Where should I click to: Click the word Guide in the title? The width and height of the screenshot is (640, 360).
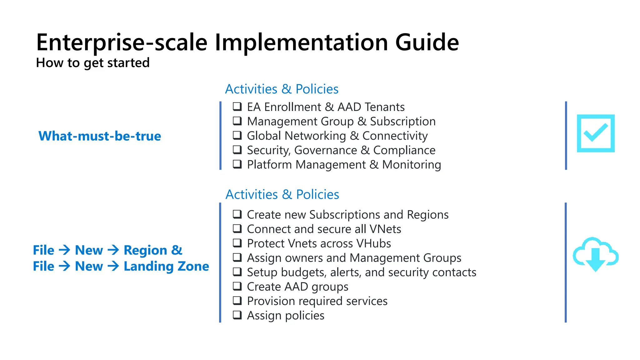427,42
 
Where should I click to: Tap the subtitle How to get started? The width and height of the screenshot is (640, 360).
93,63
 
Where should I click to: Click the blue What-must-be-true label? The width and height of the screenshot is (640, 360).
99,136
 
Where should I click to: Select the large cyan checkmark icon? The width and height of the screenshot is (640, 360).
595,133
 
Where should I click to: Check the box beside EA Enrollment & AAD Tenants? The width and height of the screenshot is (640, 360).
237,107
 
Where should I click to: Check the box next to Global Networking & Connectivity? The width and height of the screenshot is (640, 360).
237,135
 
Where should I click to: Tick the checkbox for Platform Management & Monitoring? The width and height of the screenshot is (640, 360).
237,164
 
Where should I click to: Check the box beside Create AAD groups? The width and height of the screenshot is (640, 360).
237,286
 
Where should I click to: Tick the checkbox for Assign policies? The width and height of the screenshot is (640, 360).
237,315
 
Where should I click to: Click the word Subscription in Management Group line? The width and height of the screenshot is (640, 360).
403,121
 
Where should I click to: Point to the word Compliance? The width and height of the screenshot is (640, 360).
404,150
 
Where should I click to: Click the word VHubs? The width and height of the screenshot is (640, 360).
373,243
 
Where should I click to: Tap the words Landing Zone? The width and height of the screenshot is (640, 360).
166,266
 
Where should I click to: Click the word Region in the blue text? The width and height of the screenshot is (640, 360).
145,250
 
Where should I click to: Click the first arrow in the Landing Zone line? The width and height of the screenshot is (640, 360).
64,266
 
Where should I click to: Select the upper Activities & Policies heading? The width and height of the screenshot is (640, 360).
282,89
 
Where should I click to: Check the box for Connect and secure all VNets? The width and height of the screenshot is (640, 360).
237,229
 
